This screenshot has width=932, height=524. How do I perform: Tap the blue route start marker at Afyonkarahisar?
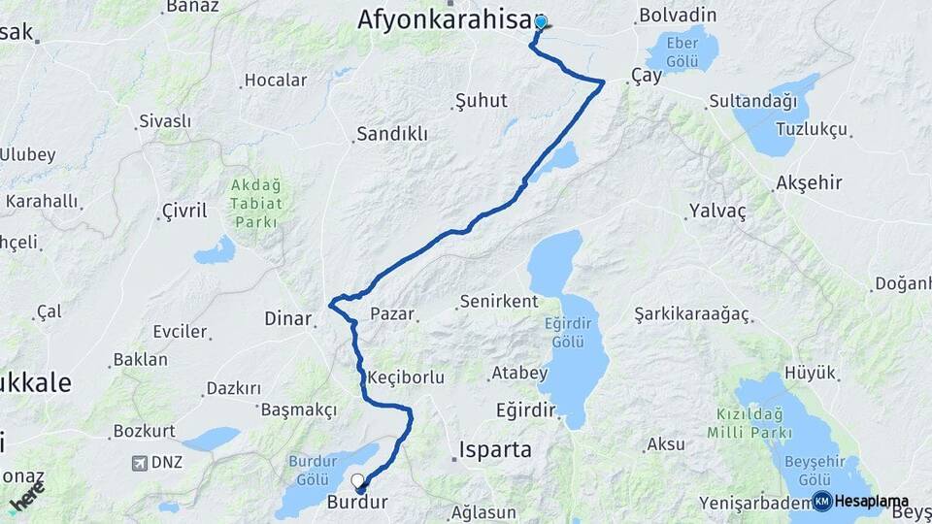[x=540, y=22]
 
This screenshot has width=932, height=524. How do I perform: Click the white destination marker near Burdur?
[x=358, y=479]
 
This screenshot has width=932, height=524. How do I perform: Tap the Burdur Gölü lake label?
[x=312, y=471]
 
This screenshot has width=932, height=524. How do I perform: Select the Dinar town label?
[x=288, y=318]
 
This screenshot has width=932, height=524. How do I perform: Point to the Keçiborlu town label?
[x=407, y=377]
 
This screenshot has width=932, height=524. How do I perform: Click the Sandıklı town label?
[x=392, y=134]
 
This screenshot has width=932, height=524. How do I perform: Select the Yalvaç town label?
[x=716, y=212]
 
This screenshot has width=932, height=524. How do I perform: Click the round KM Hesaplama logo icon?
[x=821, y=501]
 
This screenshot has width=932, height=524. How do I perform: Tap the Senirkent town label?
[x=499, y=302]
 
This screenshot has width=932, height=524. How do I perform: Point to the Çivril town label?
[x=184, y=210]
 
